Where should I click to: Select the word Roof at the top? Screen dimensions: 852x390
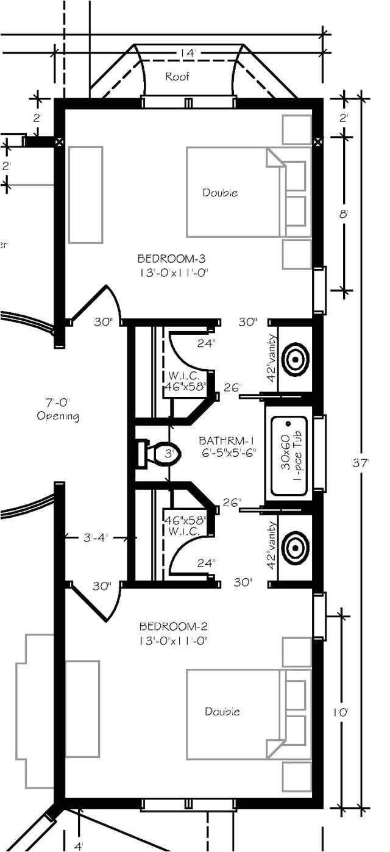(x=177, y=77)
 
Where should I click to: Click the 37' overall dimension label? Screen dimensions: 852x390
(x=360, y=463)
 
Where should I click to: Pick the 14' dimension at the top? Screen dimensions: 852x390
(x=186, y=54)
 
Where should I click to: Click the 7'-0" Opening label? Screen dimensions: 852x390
(x=58, y=409)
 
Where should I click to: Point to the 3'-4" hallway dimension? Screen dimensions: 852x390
(x=96, y=538)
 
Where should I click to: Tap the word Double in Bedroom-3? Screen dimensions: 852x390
(x=220, y=193)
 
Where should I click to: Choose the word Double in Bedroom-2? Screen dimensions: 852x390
(x=222, y=711)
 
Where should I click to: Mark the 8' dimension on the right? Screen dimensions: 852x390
(x=344, y=214)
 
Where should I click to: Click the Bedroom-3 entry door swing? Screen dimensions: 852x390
(x=97, y=305)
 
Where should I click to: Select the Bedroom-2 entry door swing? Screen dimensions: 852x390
(x=97, y=601)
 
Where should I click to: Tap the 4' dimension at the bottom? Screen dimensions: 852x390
(x=79, y=846)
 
